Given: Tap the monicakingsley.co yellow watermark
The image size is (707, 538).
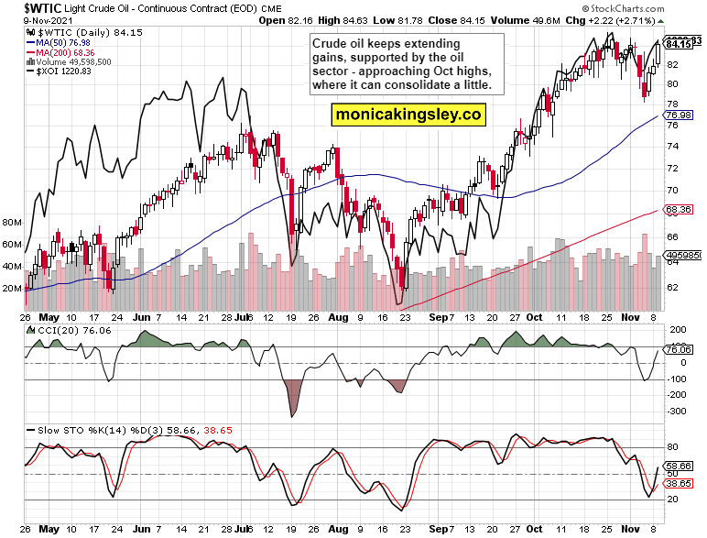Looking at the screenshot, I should (408, 115).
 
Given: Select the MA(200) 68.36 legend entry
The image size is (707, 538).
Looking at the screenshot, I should (65, 52).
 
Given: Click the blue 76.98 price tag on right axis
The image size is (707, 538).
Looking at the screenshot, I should (678, 115).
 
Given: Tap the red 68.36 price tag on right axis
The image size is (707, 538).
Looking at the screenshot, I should (678, 209).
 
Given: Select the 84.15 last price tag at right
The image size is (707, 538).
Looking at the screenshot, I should (679, 44).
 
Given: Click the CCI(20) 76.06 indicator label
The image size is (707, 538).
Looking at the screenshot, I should (63, 329).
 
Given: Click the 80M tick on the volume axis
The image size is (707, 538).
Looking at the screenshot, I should (13, 223).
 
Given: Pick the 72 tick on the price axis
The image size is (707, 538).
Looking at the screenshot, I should (672, 169).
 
